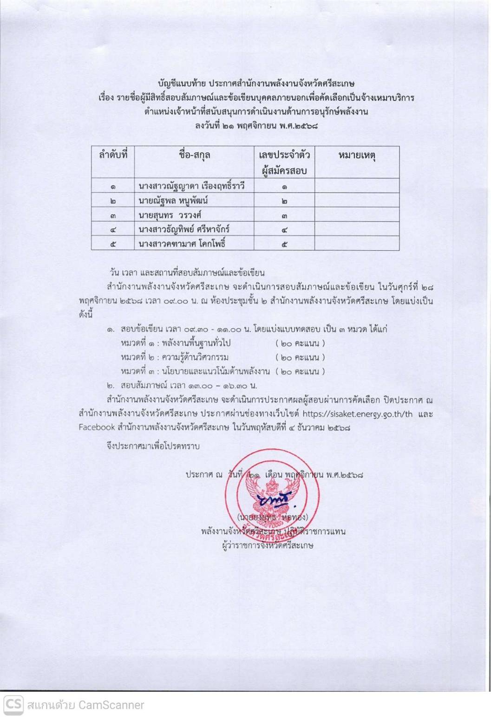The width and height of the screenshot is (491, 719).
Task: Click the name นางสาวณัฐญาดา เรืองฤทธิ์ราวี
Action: (191, 187)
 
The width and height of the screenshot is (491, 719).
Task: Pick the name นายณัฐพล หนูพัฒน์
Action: (173, 201)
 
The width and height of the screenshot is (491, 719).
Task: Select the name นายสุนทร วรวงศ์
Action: (170, 215)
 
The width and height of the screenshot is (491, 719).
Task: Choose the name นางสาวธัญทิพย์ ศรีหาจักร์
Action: (184, 229)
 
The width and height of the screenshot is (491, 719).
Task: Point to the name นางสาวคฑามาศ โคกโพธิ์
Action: (182, 243)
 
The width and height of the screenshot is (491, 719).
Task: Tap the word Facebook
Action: (97, 427)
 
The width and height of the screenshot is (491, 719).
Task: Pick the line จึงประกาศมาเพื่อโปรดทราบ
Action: (153, 447)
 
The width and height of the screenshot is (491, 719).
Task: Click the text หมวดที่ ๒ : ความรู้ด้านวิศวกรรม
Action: (174, 357)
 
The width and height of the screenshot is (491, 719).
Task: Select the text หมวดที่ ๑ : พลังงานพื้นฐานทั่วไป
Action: (176, 343)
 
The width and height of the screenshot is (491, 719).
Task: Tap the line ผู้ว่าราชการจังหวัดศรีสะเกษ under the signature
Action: (268, 545)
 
